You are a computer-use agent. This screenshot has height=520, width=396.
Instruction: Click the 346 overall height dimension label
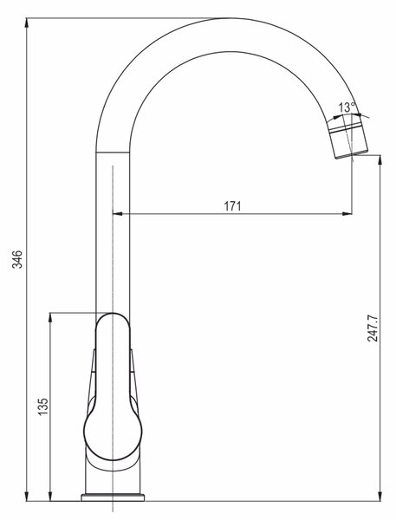tap(17, 259)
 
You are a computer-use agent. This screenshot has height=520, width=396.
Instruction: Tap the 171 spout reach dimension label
tap(232, 206)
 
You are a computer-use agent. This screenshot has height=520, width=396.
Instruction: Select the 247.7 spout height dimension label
tap(372, 328)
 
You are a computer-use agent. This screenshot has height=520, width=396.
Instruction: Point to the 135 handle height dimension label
tap(42, 406)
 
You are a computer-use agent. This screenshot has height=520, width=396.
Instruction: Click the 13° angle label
tap(347, 107)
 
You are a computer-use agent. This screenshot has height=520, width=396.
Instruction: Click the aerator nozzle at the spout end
tap(348, 140)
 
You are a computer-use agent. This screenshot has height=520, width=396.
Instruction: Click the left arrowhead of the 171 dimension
tap(117, 214)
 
